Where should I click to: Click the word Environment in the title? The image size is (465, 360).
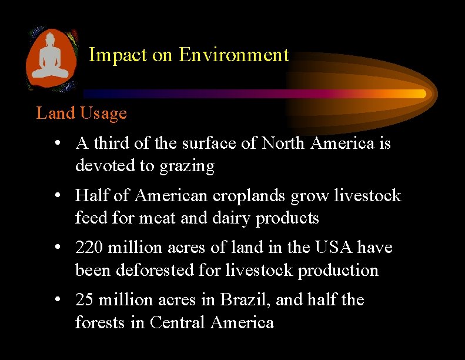click(234, 55)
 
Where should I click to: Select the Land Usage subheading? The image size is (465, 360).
click(81, 112)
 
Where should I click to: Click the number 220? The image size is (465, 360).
click(89, 248)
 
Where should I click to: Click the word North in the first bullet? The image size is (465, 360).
click(283, 143)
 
